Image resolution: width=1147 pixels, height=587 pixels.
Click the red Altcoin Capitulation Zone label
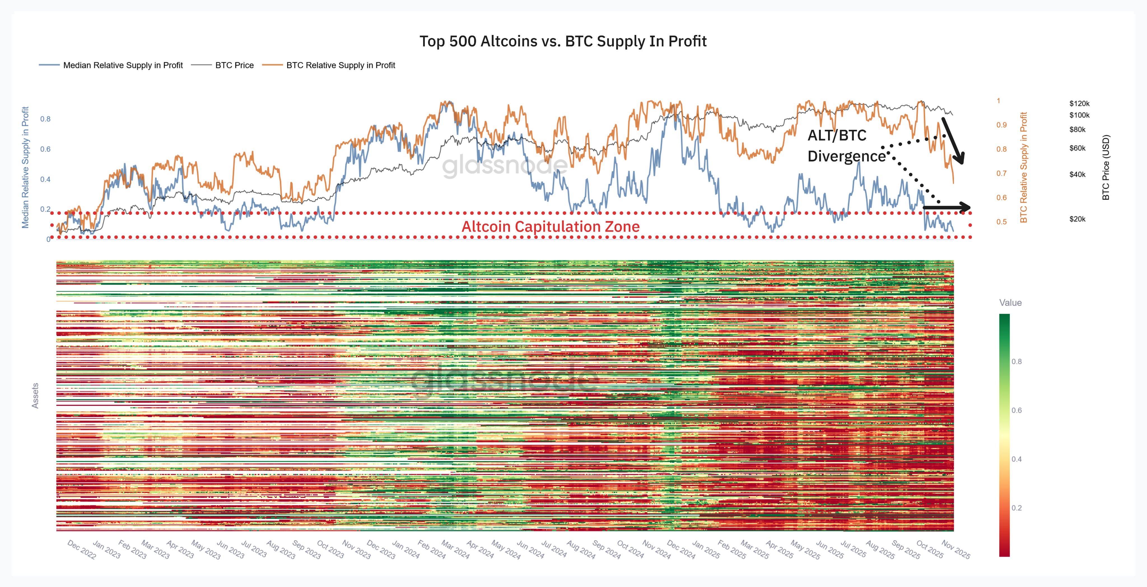[x=550, y=227]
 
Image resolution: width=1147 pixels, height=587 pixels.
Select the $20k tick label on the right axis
[x=1077, y=219]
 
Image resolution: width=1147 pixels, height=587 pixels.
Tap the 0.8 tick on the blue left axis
[x=45, y=119]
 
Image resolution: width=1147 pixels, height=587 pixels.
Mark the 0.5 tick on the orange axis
[x=1001, y=222]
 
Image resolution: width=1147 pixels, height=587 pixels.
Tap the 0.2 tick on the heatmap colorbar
[x=1017, y=508]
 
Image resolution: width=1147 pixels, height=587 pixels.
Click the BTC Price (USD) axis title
[x=1106, y=167]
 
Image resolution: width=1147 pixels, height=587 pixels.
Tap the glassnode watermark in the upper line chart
[x=505, y=166]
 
